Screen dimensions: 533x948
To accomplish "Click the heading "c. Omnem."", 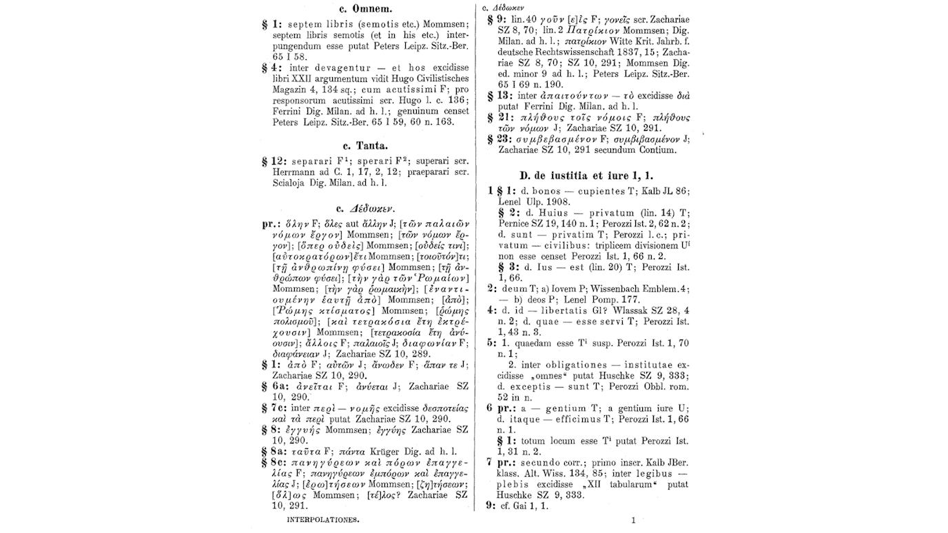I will click(366, 9).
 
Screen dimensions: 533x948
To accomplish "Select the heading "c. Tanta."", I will click(365, 145).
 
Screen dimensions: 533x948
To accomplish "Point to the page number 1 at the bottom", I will click(633, 521).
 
